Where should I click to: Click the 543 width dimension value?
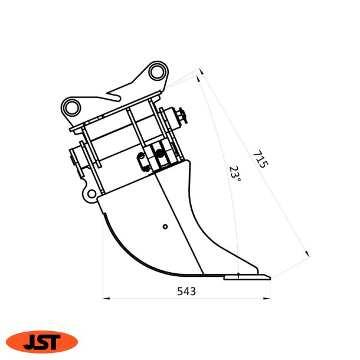[186, 292]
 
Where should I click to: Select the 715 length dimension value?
[260, 159]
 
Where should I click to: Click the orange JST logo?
[42, 341]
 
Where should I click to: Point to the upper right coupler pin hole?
[156, 72]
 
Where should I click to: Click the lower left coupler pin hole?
[72, 107]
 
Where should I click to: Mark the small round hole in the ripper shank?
[165, 226]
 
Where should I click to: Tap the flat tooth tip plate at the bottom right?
[247, 276]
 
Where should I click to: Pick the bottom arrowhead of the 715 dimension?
[307, 254]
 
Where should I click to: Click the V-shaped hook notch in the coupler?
[116, 94]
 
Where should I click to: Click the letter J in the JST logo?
[30, 342]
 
